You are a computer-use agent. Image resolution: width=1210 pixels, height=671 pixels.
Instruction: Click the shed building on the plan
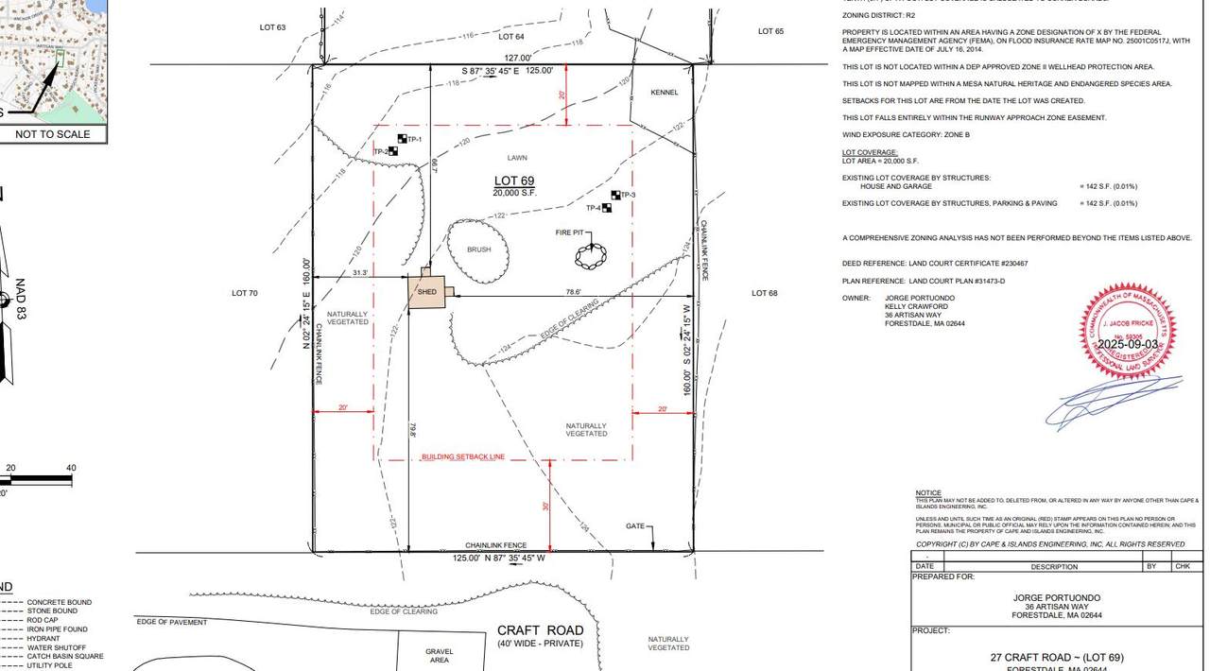(x=427, y=292)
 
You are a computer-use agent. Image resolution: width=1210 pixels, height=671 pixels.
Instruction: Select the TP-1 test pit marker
(x=402, y=140)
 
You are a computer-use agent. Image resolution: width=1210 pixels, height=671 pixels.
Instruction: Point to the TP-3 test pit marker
(x=616, y=196)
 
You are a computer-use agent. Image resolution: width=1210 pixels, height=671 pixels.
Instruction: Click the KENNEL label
(x=665, y=93)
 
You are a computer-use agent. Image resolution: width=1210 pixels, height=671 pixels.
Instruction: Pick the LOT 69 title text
(x=514, y=181)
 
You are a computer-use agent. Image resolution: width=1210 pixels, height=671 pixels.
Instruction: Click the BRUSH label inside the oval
(x=478, y=249)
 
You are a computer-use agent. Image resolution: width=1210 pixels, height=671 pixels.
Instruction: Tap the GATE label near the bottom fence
(x=635, y=526)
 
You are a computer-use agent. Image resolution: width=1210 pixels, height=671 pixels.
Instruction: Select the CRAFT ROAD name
(x=541, y=630)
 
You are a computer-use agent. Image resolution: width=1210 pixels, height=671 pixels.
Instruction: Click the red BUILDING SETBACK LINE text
(x=463, y=456)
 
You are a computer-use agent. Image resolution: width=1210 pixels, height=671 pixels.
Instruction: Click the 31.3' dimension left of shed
(x=360, y=272)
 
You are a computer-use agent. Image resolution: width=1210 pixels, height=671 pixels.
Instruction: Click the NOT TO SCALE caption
(x=53, y=134)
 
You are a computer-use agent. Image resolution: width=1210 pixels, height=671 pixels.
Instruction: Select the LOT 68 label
(x=764, y=293)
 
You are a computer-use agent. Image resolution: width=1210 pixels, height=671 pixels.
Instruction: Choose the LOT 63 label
(x=272, y=27)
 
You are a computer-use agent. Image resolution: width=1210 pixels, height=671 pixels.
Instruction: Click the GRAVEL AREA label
(x=440, y=655)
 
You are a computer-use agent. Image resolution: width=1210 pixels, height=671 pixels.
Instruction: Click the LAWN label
(x=516, y=158)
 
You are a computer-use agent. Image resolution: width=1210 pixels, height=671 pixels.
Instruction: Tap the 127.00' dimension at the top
(x=517, y=58)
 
